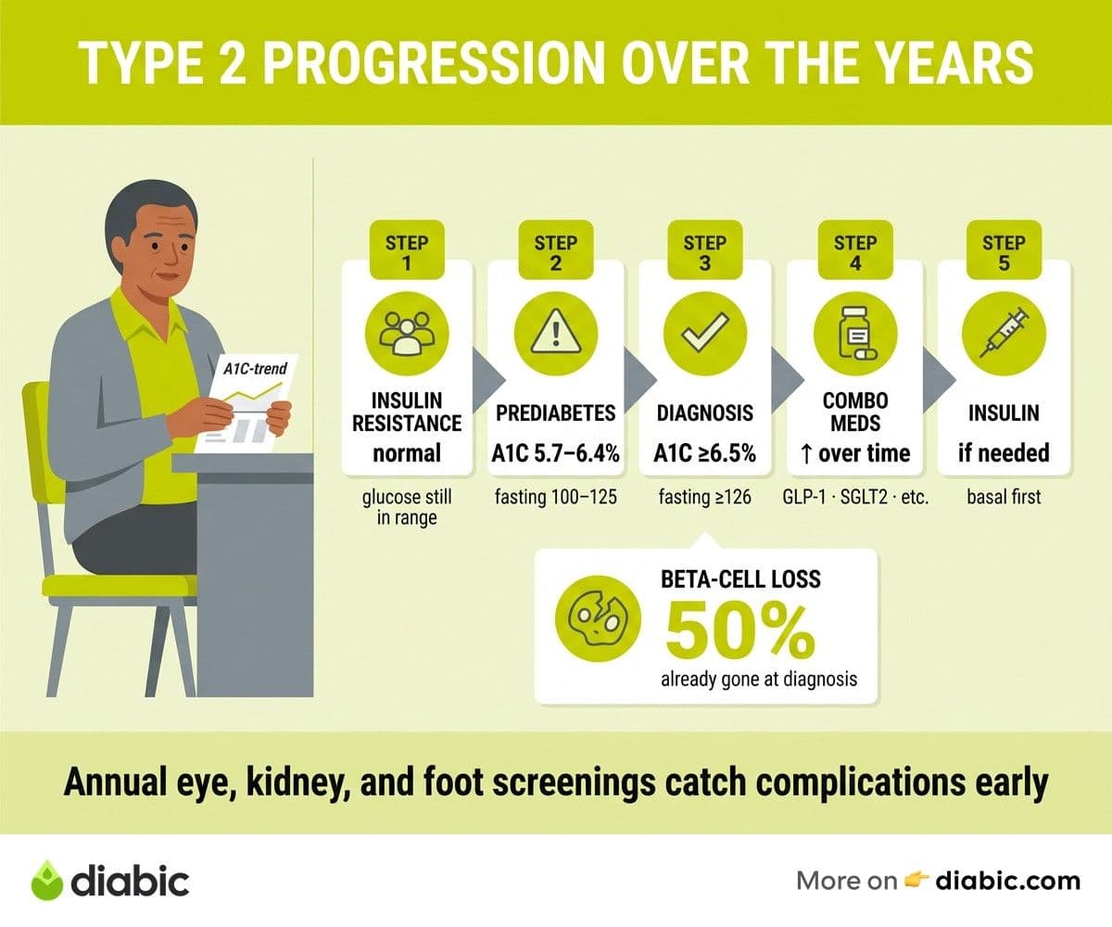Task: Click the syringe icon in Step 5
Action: (1004, 334)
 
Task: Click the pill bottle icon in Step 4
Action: (855, 334)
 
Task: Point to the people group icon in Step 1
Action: (407, 334)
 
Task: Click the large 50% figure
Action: (740, 630)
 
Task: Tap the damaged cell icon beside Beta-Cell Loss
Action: (598, 618)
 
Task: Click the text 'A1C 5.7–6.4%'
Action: (555, 453)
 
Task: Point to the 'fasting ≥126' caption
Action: (704, 497)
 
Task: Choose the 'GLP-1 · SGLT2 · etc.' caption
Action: (855, 497)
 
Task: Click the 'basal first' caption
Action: (1004, 497)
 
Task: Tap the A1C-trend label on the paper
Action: (255, 368)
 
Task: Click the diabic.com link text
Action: (1008, 881)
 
